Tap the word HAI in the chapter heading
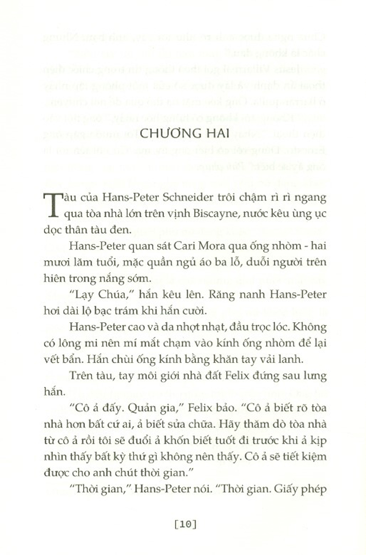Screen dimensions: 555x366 [216, 133]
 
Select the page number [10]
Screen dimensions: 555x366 [186, 524]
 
